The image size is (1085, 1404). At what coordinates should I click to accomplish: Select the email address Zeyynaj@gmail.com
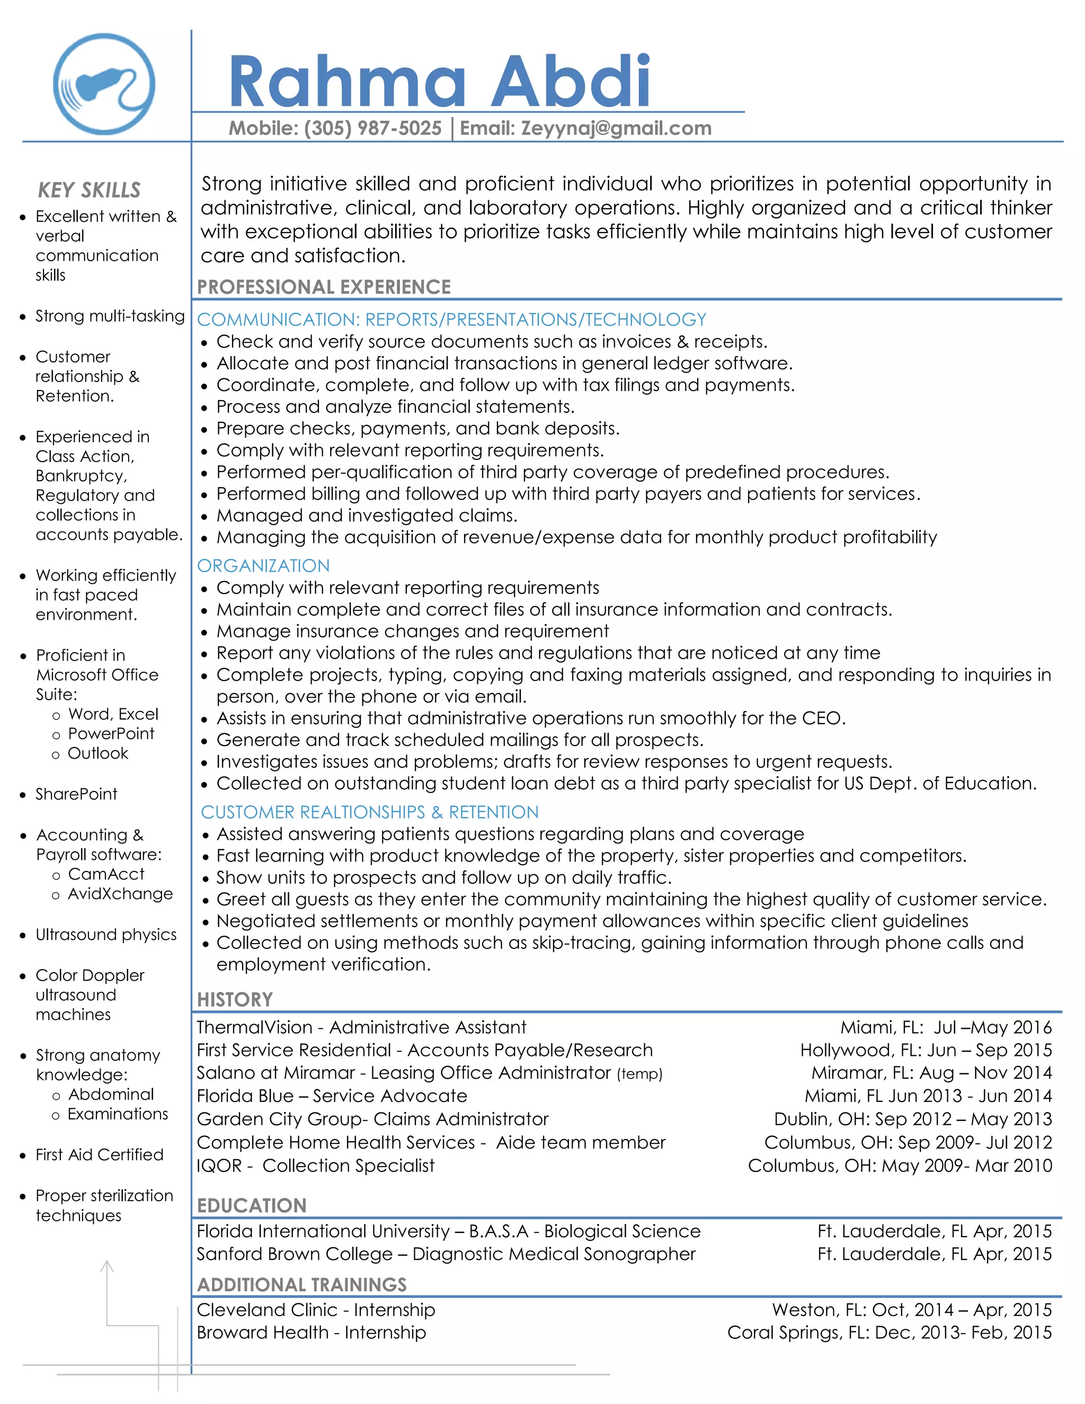point(616,129)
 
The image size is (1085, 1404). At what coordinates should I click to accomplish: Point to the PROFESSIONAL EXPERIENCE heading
point(323,287)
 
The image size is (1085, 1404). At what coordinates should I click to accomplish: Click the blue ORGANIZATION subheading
point(263,566)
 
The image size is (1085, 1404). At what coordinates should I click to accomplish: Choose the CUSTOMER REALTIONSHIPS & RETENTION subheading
point(370,812)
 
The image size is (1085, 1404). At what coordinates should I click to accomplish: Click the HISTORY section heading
point(235,1000)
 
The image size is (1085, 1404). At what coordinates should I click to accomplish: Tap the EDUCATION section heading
point(251,1205)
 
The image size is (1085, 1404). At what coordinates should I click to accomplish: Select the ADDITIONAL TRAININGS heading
point(301,1284)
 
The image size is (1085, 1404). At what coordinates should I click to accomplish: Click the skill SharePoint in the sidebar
point(76,794)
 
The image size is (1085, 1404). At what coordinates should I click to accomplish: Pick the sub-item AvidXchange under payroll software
point(120,894)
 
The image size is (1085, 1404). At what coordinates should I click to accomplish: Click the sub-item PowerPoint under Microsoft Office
point(111,733)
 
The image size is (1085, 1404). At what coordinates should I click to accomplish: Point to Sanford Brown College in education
point(295,1254)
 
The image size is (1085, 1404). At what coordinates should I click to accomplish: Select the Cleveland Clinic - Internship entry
point(316,1310)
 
